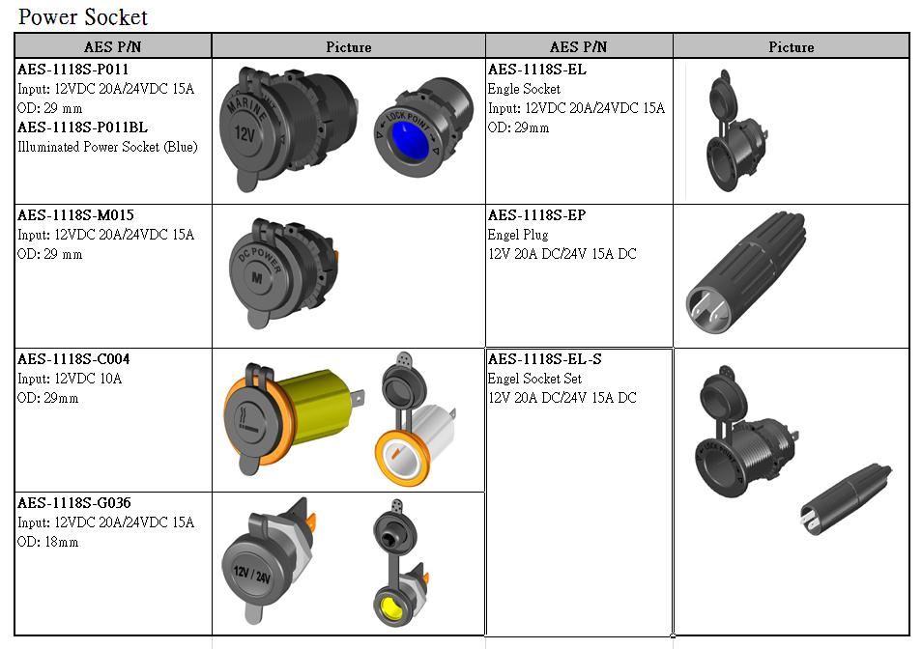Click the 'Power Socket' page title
pyautogui.click(x=83, y=17)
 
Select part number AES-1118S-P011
pyautogui.click(x=72, y=70)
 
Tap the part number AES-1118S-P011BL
pyautogui.click(x=82, y=127)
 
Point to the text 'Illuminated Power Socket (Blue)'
pyautogui.click(x=107, y=147)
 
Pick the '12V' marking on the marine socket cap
pyautogui.click(x=245, y=134)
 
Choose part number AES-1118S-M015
pyautogui.click(x=75, y=215)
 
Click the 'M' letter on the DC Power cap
pyautogui.click(x=257, y=278)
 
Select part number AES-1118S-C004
pyautogui.click(x=73, y=359)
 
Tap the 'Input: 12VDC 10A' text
pyautogui.click(x=70, y=379)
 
